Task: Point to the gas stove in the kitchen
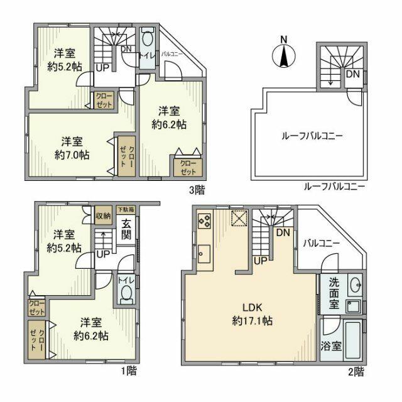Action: [x=205, y=221]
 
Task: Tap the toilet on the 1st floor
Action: [x=125, y=292]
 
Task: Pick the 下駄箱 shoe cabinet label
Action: [x=126, y=209]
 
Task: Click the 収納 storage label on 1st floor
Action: [x=104, y=215]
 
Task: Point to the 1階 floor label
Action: [x=129, y=371]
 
